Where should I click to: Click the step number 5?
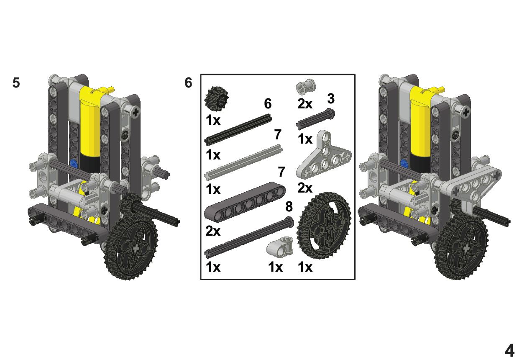point(16,83)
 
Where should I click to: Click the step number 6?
point(188,83)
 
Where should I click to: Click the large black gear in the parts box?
point(324,225)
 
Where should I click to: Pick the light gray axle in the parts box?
point(243,162)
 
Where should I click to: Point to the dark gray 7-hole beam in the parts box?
point(245,202)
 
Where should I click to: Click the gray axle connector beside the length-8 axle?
point(280,247)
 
